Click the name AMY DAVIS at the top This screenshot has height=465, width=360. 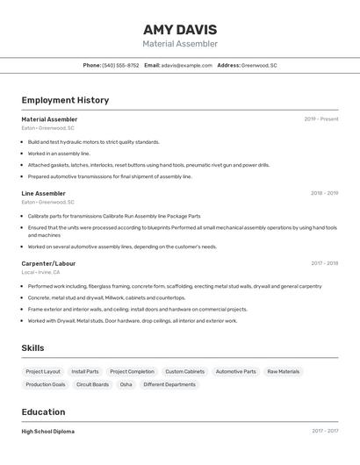pyautogui.click(x=180, y=29)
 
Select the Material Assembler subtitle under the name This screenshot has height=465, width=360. pyautogui.click(x=180, y=44)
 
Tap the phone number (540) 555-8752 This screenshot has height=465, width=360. pyautogui.click(x=120, y=65)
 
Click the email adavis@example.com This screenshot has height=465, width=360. pyautogui.click(x=187, y=65)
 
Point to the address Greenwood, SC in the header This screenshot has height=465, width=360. pyautogui.click(x=259, y=65)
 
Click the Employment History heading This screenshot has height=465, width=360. pyautogui.click(x=65, y=100)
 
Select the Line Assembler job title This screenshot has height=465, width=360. pyautogui.click(x=44, y=193)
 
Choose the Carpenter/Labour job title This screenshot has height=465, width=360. pyautogui.click(x=48, y=263)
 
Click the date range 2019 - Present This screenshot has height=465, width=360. pyautogui.click(x=321, y=119)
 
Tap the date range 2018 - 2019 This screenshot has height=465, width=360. pyautogui.click(x=324, y=193)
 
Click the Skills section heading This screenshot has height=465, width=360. pyautogui.click(x=33, y=347)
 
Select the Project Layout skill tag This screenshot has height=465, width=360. pyautogui.click(x=43, y=371)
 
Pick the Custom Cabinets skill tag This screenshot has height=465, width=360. pyautogui.click(x=184, y=371)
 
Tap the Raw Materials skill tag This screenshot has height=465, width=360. pyautogui.click(x=283, y=371)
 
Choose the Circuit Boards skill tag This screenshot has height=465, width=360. pyautogui.click(x=92, y=384)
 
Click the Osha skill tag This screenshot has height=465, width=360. pyautogui.click(x=126, y=384)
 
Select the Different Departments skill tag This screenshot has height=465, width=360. pyautogui.click(x=169, y=384)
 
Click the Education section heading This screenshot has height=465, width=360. pyautogui.click(x=44, y=411)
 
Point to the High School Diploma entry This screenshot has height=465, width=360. pyautogui.click(x=48, y=432)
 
